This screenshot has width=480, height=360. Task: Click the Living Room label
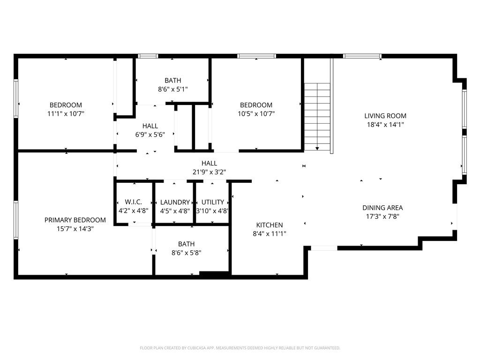(x=385, y=116)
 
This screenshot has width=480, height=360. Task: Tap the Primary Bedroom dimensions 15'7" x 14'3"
(x=75, y=229)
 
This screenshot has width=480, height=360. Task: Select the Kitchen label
(x=269, y=225)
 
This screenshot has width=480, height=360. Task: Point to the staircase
(x=317, y=115)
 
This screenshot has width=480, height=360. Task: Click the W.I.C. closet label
(x=133, y=202)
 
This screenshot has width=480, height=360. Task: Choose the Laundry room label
(x=175, y=202)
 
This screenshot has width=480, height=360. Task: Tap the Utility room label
(x=212, y=202)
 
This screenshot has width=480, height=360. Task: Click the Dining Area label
(x=382, y=208)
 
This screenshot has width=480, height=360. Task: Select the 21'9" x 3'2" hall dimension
(x=209, y=172)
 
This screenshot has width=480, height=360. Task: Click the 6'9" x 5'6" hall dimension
(x=150, y=135)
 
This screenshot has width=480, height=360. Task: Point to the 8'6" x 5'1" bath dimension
(x=172, y=89)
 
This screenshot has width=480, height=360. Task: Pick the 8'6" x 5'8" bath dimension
(x=186, y=253)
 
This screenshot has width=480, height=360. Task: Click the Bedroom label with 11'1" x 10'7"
(x=66, y=105)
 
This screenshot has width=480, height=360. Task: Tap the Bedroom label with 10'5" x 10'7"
(x=256, y=105)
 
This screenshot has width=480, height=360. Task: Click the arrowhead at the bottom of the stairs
(x=317, y=148)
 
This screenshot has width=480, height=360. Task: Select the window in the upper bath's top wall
(x=148, y=56)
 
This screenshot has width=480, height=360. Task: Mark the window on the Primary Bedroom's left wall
(x=15, y=220)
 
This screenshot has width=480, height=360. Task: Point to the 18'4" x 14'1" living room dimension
(x=385, y=125)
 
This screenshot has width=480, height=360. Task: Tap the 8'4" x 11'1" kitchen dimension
(x=269, y=234)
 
